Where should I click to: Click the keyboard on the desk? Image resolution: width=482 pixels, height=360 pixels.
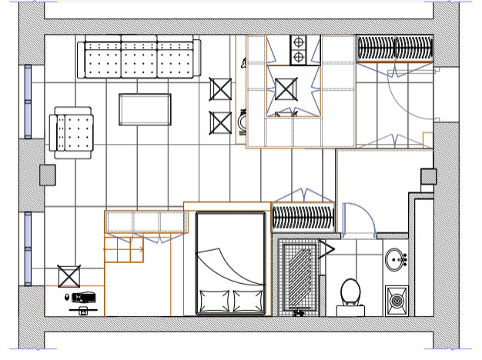84,296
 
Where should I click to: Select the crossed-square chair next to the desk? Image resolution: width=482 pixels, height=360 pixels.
69,276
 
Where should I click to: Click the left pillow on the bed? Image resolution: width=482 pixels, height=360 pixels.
213,298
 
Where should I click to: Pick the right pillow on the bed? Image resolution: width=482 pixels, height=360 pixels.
246,298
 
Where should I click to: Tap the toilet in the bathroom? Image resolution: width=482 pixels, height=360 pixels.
351,293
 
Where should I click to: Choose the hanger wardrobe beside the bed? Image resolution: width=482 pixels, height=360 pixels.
303,218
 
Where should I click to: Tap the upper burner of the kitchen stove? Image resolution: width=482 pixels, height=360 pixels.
297,43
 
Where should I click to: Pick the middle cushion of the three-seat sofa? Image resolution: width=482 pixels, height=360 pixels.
139,59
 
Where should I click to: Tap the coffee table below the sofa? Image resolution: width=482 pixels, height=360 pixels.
145,109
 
